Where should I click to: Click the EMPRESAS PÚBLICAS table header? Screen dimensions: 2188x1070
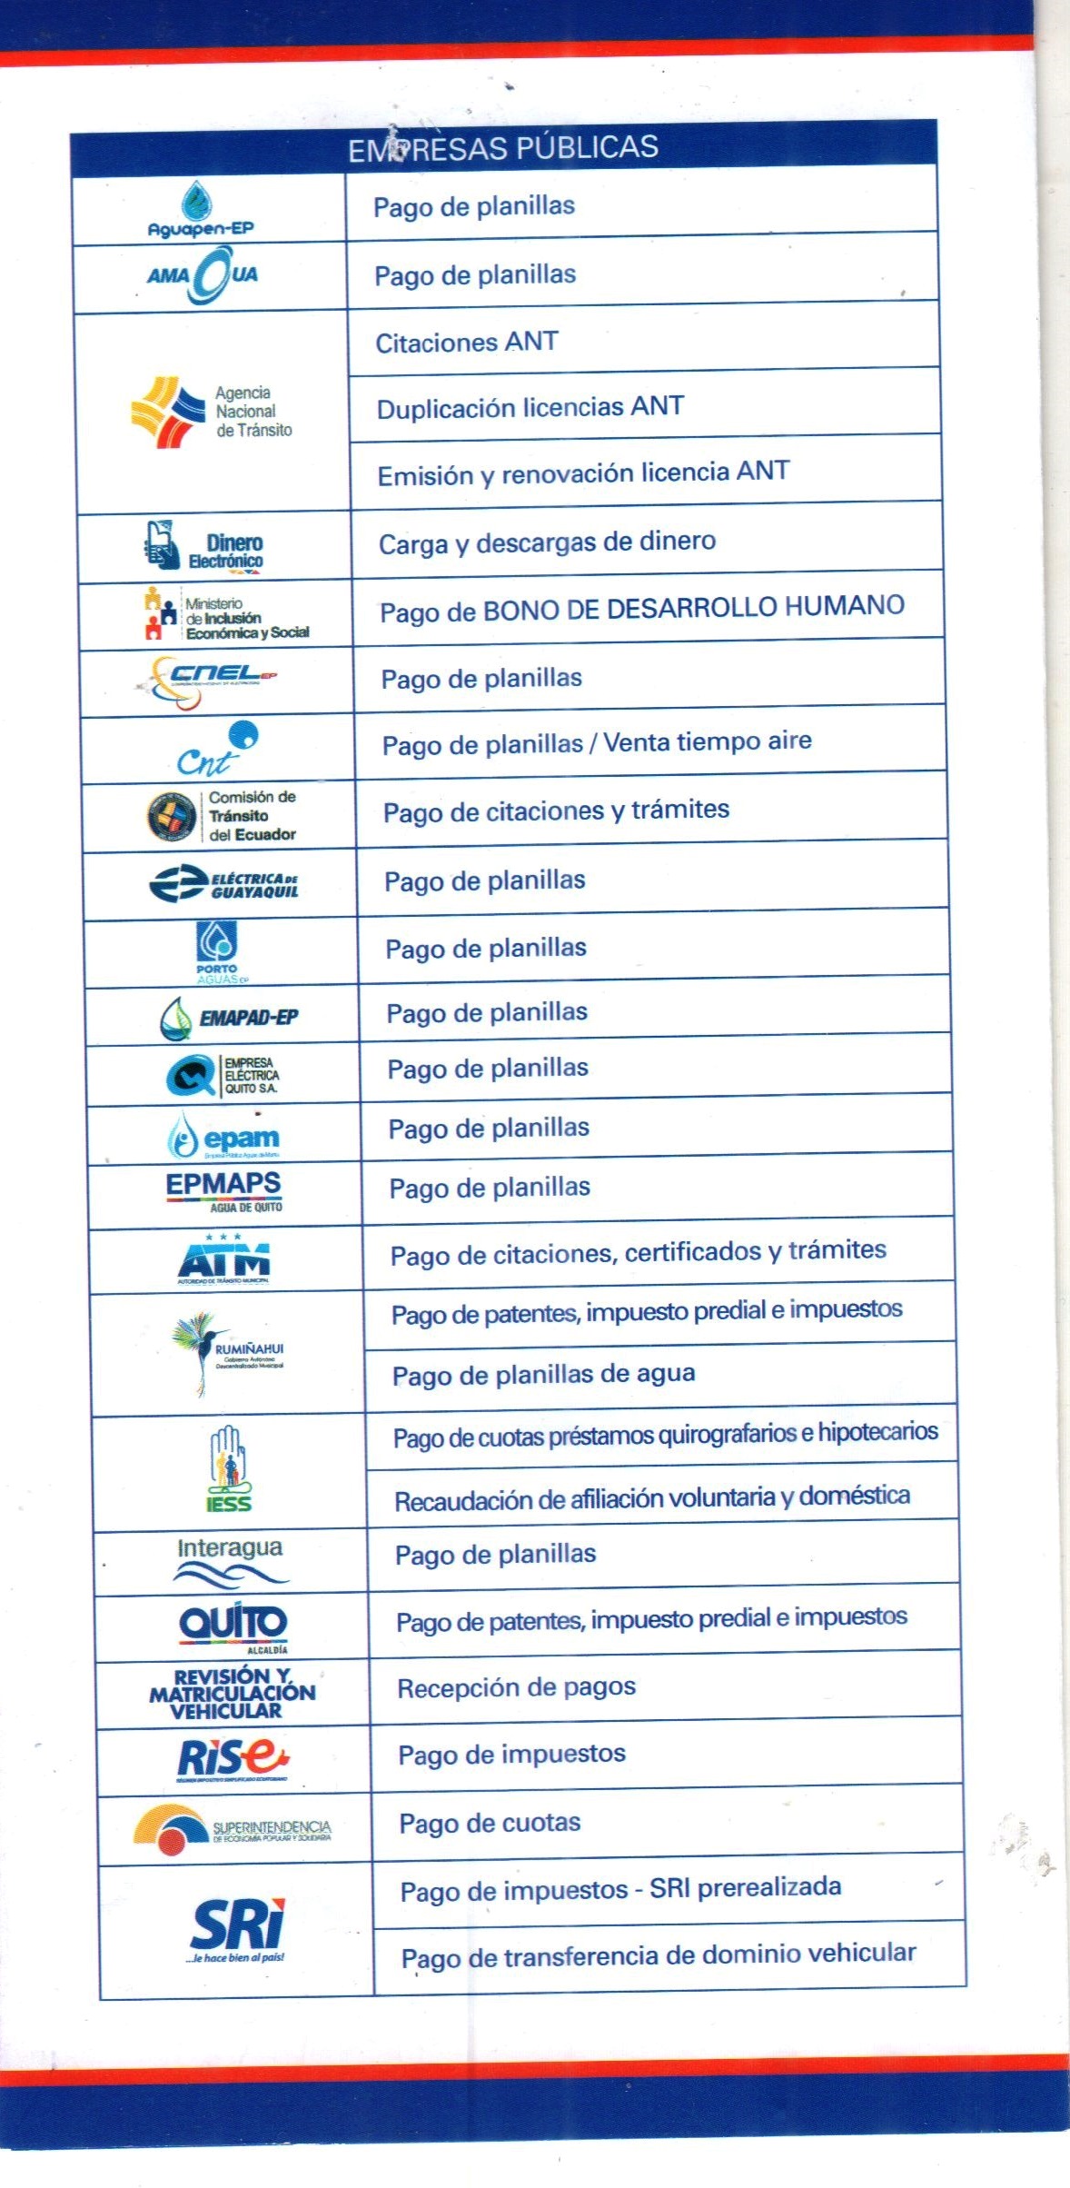coord(503,147)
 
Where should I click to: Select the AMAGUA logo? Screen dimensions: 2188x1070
coord(203,274)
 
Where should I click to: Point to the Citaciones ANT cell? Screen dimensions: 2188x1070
coord(467,343)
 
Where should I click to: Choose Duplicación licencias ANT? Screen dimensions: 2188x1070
coord(530,407)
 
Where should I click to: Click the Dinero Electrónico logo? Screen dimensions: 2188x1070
coord(204,546)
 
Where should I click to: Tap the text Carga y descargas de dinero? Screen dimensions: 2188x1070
coord(547,542)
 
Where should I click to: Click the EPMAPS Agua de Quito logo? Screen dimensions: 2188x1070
coord(223,1191)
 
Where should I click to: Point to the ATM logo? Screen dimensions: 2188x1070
coord(223,1258)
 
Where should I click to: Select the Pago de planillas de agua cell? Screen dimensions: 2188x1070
coord(543,1374)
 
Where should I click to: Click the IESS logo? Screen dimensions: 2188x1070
coord(228,1468)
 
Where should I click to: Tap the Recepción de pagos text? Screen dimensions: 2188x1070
coord(516,1687)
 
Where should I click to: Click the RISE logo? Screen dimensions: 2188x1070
coord(233,1759)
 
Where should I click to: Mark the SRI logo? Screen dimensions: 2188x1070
coord(237,1928)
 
